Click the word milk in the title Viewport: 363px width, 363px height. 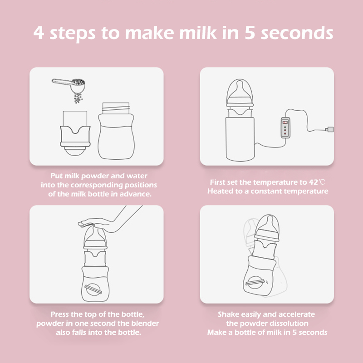198,32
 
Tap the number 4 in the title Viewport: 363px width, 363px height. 39,32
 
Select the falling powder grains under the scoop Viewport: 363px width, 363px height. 78,98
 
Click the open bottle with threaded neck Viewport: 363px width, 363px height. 116,131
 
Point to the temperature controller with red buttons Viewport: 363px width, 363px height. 285,128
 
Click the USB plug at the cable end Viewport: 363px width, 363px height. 330,129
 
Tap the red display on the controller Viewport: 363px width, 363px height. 285,122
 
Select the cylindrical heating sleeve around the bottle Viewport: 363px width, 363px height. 240,139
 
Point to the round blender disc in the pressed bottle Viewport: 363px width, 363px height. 93,289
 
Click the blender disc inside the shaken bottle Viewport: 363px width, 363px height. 255,282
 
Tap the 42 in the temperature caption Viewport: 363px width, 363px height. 314,182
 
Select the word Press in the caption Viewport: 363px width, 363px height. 60,314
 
